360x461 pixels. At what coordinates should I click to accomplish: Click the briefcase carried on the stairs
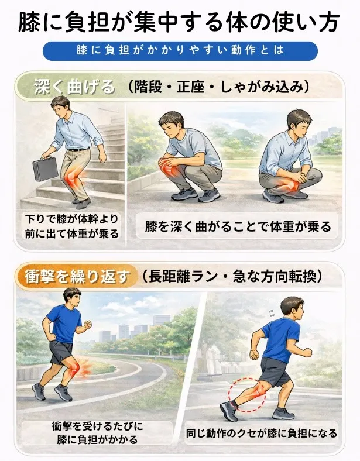pos(45,168)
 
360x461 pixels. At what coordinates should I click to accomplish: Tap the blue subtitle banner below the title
pos(180,50)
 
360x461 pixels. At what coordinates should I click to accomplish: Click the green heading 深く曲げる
pos(74,87)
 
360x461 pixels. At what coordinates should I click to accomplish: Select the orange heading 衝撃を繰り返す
pos(78,277)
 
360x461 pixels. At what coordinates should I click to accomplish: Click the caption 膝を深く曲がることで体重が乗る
pos(238,226)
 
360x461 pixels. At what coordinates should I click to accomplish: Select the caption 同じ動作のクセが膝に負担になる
pos(262,433)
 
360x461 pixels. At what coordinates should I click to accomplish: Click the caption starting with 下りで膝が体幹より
pos(71,226)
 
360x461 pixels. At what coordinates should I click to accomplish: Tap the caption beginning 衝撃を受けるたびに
pos(97,433)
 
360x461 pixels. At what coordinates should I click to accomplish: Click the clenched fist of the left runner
pos(87,325)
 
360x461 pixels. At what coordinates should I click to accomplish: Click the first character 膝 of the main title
pos(28,22)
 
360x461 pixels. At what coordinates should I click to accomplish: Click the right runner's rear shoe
pos(229,411)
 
